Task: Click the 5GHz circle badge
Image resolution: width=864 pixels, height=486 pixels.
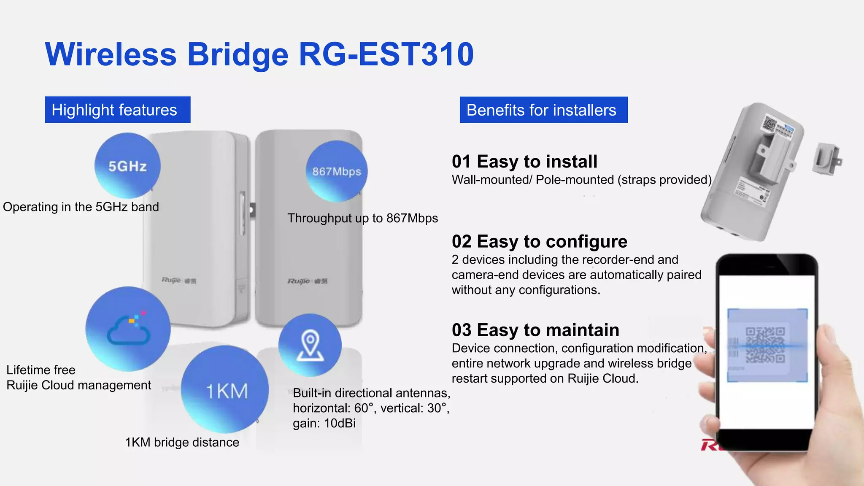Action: click(x=127, y=166)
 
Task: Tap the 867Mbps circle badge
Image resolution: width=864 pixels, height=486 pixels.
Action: click(x=337, y=171)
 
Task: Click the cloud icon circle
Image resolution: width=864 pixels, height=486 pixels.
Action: click(x=128, y=329)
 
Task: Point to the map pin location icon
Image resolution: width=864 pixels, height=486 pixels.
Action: click(x=310, y=345)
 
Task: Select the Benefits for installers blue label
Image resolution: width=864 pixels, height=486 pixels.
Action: click(x=543, y=110)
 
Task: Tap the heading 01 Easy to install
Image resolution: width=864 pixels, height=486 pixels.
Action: click(x=524, y=162)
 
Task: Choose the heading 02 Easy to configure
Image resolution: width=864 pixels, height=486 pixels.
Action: click(x=539, y=242)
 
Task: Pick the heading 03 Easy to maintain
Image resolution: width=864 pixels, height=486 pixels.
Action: click(x=535, y=330)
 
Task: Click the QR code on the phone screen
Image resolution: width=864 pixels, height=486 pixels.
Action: click(x=765, y=345)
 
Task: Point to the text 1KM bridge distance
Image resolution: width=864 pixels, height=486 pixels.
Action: click(x=182, y=442)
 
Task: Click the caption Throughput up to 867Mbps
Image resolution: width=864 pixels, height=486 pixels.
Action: click(x=362, y=218)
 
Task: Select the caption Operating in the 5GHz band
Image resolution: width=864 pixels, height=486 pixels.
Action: click(x=81, y=207)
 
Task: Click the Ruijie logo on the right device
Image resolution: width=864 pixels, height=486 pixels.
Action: click(x=307, y=281)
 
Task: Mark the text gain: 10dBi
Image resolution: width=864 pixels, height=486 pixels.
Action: click(x=324, y=423)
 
